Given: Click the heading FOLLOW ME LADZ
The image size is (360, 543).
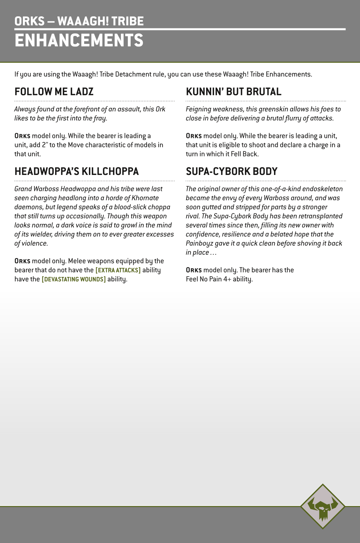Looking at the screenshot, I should pos(54,92).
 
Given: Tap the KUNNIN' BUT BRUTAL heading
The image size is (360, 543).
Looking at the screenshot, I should pos(233,92).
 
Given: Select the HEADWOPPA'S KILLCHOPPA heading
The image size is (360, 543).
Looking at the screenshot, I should pos(77,171).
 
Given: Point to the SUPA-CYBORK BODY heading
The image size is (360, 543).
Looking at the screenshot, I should pos(232,171).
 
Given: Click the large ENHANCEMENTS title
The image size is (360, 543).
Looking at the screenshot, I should pos(79,40).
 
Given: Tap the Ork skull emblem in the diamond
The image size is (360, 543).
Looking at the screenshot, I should pos(323,506).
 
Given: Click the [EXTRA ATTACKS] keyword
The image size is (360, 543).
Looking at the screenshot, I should pos(118,270).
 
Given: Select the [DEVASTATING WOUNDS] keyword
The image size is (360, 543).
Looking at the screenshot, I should pos(74,279).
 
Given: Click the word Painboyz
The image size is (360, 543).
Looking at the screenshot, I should pos(199,244).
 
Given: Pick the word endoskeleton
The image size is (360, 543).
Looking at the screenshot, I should pos(322,189).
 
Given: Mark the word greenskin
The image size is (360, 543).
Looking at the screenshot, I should pos(262,109).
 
